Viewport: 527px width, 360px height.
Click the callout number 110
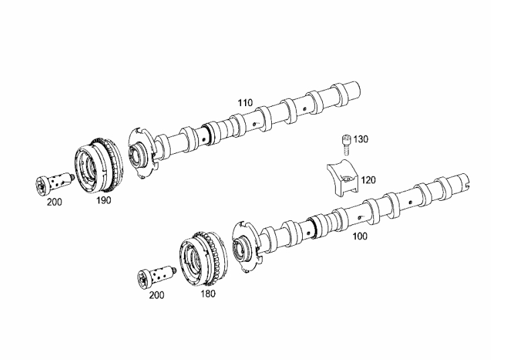click(245, 103)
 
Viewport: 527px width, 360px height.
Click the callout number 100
click(360, 236)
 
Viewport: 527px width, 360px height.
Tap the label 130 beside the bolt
click(361, 139)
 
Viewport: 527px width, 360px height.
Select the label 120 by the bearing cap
click(369, 180)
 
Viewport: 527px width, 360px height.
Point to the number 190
click(103, 200)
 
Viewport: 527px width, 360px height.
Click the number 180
click(208, 294)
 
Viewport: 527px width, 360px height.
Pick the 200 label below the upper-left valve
click(54, 202)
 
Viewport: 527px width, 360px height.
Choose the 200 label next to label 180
click(156, 296)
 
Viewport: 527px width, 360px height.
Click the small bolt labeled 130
click(346, 145)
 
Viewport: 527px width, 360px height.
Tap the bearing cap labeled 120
click(343, 179)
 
